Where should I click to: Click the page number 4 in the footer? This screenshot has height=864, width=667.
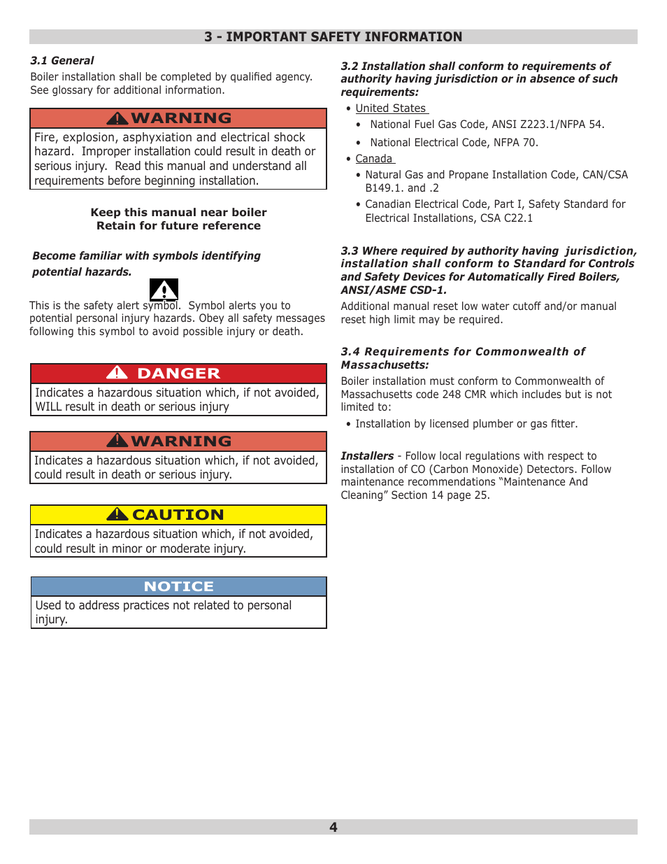click(333, 827)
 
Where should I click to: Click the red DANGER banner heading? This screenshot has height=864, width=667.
click(178, 374)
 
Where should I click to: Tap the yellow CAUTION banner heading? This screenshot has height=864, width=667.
click(178, 515)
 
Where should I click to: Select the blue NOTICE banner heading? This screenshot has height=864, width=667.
click(178, 586)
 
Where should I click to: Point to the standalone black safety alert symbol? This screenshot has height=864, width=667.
click(164, 290)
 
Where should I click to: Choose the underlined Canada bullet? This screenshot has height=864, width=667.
click(373, 159)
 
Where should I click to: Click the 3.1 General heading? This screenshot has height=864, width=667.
click(62, 61)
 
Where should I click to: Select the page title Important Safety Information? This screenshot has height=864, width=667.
click(333, 37)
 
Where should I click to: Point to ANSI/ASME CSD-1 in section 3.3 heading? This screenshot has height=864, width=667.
click(393, 290)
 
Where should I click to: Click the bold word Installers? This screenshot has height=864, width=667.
click(367, 456)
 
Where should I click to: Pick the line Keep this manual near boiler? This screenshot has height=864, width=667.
click(178, 213)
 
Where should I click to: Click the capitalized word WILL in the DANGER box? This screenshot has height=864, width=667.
click(48, 407)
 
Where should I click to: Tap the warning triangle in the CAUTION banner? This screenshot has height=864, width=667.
click(117, 515)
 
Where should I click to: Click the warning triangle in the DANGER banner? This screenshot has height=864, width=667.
click(117, 373)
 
